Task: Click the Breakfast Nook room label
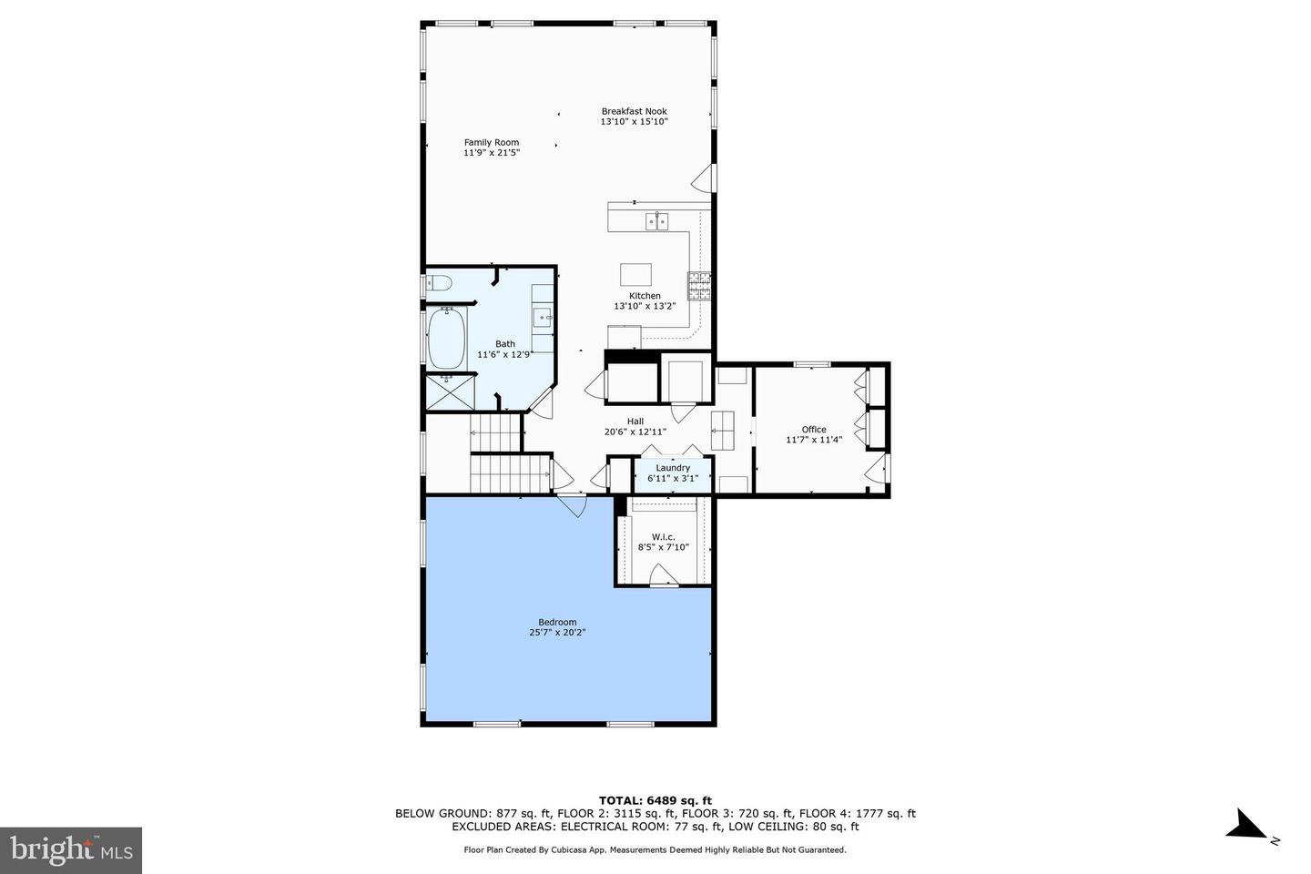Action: [634, 111]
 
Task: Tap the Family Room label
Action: [492, 142]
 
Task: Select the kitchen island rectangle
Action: [635, 275]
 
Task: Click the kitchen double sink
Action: [656, 221]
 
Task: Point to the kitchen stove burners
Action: [699, 286]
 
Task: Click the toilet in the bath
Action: [439, 283]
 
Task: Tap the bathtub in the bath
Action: [447, 339]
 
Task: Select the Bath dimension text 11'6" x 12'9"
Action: [504, 354]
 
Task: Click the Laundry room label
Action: [673, 468]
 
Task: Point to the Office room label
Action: [814, 429]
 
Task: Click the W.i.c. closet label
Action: [663, 537]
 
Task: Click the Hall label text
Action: [635, 421]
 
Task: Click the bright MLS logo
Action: [71, 850]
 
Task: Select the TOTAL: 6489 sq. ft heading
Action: [655, 800]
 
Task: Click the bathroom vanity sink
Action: [543, 319]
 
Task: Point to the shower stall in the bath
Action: [450, 391]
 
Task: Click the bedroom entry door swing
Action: [573, 506]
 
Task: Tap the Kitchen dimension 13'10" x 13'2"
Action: [645, 306]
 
